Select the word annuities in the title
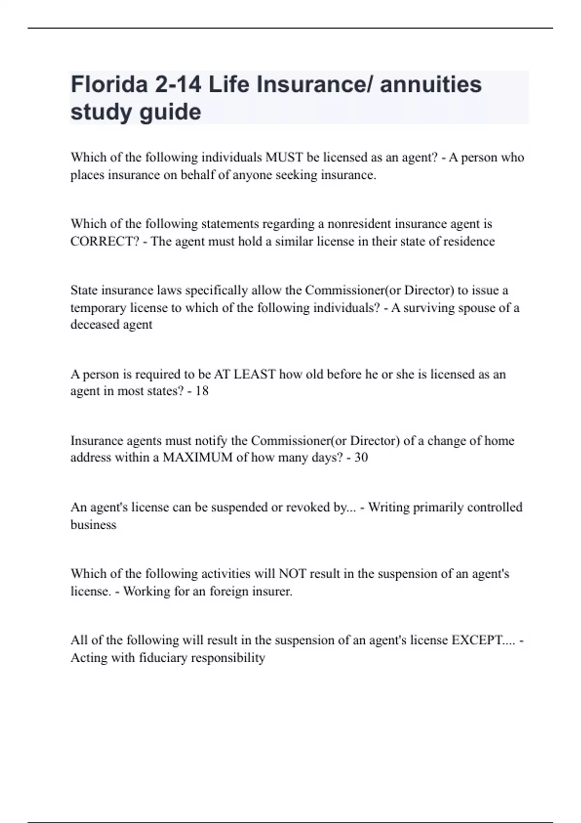pyautogui.click(x=431, y=84)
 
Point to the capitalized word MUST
pyautogui.click(x=284, y=157)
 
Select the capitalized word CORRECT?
pyautogui.click(x=105, y=241)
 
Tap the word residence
pyautogui.click(x=468, y=241)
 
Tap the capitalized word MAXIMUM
pyautogui.click(x=198, y=457)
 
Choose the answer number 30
pyautogui.click(x=361, y=457)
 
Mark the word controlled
pyautogui.click(x=493, y=507)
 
